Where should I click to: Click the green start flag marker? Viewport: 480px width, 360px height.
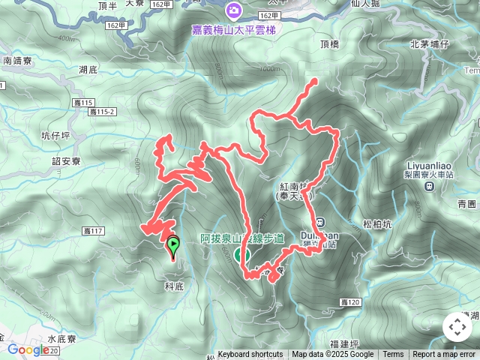[173, 244]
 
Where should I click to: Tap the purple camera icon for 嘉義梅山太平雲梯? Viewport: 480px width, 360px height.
[234, 10]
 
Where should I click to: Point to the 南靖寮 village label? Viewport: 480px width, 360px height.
[16, 62]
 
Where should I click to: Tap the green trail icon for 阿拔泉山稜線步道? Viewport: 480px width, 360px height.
[243, 254]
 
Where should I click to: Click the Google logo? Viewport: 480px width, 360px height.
[28, 349]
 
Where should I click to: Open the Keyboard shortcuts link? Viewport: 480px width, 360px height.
[250, 355]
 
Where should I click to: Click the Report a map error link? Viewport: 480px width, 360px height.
[444, 355]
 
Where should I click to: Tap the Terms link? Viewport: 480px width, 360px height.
[393, 355]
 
